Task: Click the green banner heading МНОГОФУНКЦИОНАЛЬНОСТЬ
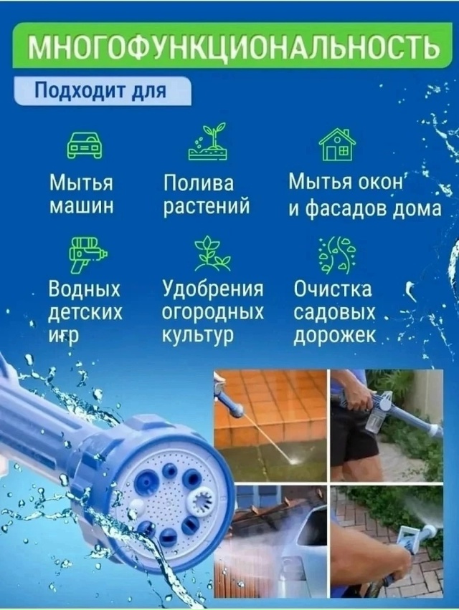pyautogui.click(x=233, y=48)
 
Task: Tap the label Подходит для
pyautogui.click(x=100, y=92)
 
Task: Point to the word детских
pyautogui.click(x=85, y=313)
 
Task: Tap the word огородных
pyautogui.click(x=212, y=313)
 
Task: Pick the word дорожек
pyautogui.click(x=334, y=336)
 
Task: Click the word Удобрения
pyautogui.click(x=213, y=289)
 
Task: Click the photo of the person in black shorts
pyautogui.click(x=386, y=424)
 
